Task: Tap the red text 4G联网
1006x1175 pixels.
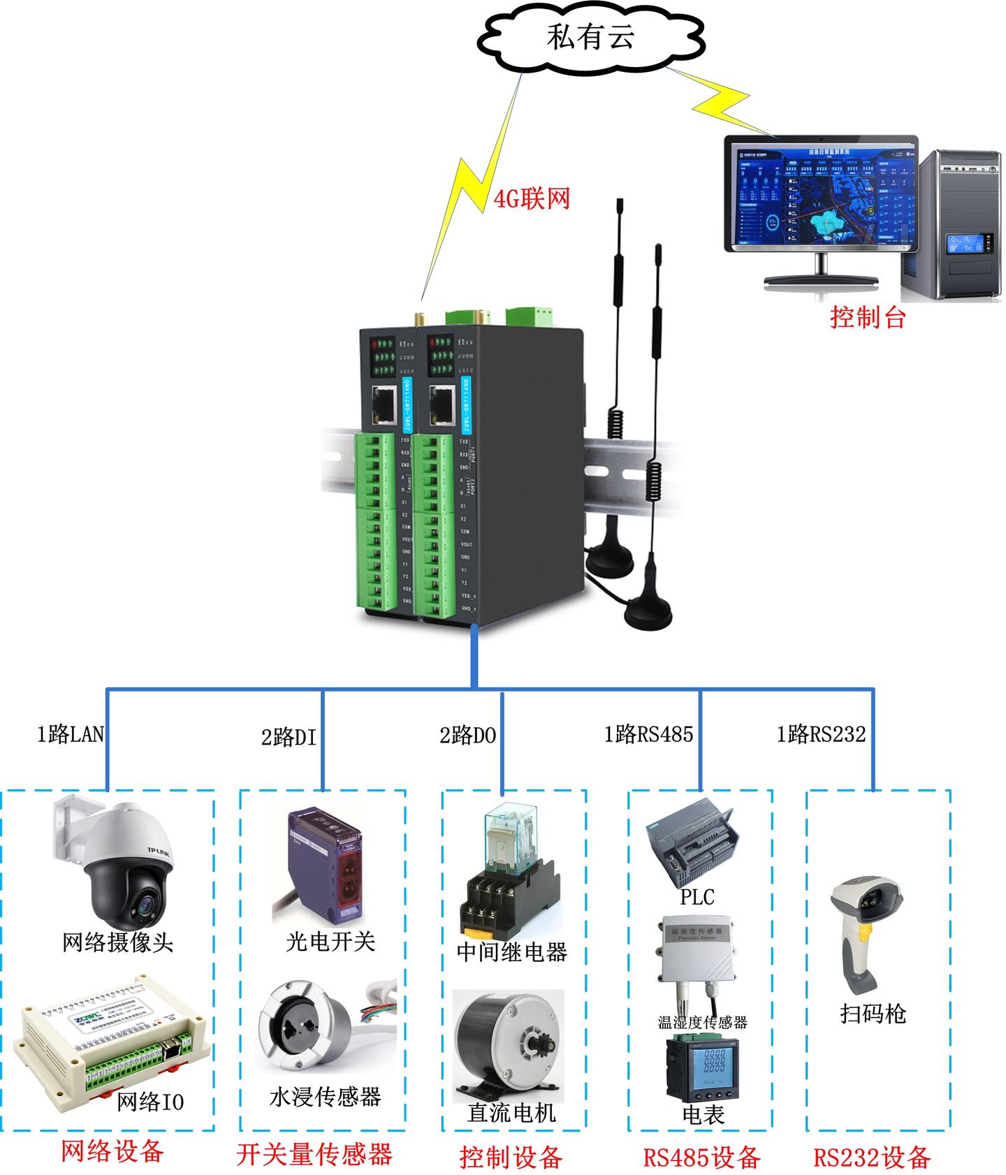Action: tap(532, 199)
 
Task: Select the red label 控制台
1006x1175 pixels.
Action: tap(868, 317)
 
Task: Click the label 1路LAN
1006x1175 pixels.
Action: tap(70, 734)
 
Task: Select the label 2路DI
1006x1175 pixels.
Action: tap(289, 737)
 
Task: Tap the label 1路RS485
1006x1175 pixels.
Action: tap(648, 734)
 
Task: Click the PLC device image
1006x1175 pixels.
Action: tap(692, 842)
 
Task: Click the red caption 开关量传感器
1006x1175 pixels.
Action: tap(314, 1153)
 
